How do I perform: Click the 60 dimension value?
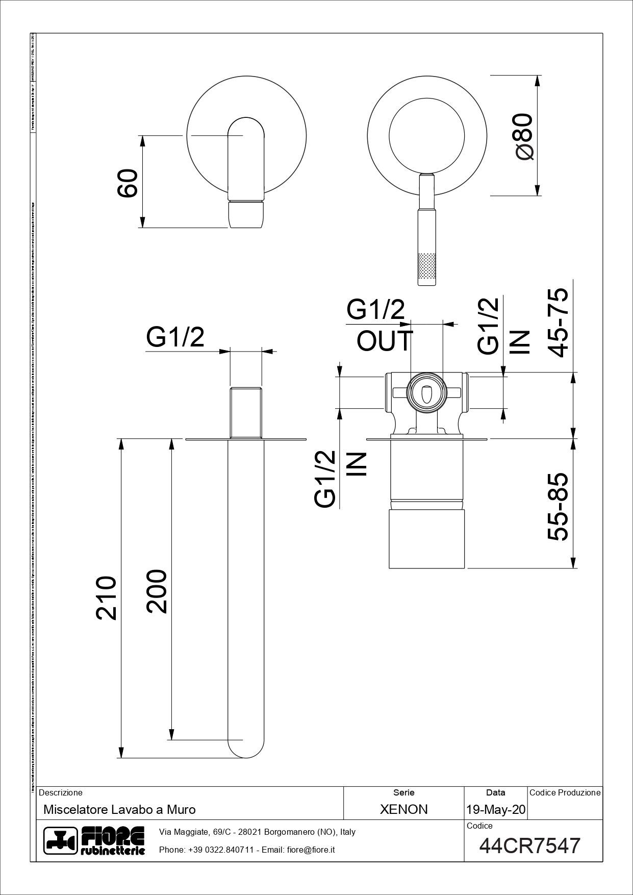pyautogui.click(x=128, y=183)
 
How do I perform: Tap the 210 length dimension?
pyautogui.click(x=106, y=598)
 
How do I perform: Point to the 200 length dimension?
pyautogui.click(x=156, y=591)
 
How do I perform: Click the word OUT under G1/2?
pyautogui.click(x=385, y=341)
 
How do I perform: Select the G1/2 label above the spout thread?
pyautogui.click(x=175, y=337)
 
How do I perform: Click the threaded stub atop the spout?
pyautogui.click(x=246, y=412)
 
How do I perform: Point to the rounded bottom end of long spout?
pyautogui.click(x=246, y=748)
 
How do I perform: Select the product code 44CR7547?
pyautogui.click(x=529, y=846)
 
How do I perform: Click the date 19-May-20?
pyautogui.click(x=495, y=810)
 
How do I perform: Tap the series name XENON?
pyautogui.click(x=404, y=809)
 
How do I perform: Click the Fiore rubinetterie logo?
pyautogui.click(x=95, y=840)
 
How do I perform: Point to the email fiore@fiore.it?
pyautogui.click(x=311, y=850)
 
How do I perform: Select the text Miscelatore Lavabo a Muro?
pyautogui.click(x=119, y=809)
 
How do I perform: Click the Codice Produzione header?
pyautogui.click(x=565, y=792)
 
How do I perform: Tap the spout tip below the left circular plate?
pyautogui.click(x=246, y=214)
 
